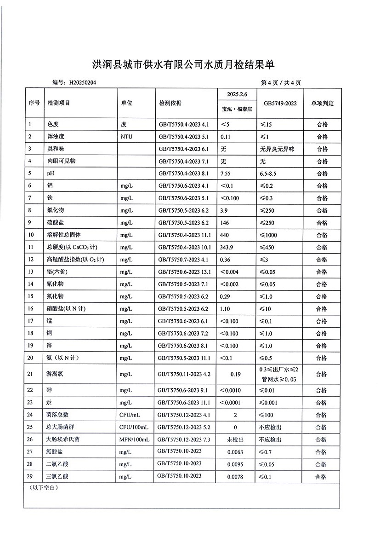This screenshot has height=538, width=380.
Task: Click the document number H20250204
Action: (83, 83)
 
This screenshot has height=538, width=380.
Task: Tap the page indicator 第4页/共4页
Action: (281, 83)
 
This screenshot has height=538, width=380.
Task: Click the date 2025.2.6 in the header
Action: (237, 94)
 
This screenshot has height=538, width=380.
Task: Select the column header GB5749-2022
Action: (280, 103)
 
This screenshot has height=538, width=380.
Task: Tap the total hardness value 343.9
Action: (227, 248)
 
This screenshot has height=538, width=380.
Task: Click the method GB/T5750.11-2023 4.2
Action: (184, 374)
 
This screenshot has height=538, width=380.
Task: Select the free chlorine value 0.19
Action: (236, 374)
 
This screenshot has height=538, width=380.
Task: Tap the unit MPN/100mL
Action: (134, 440)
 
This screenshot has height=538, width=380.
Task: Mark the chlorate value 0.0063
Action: (235, 452)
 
